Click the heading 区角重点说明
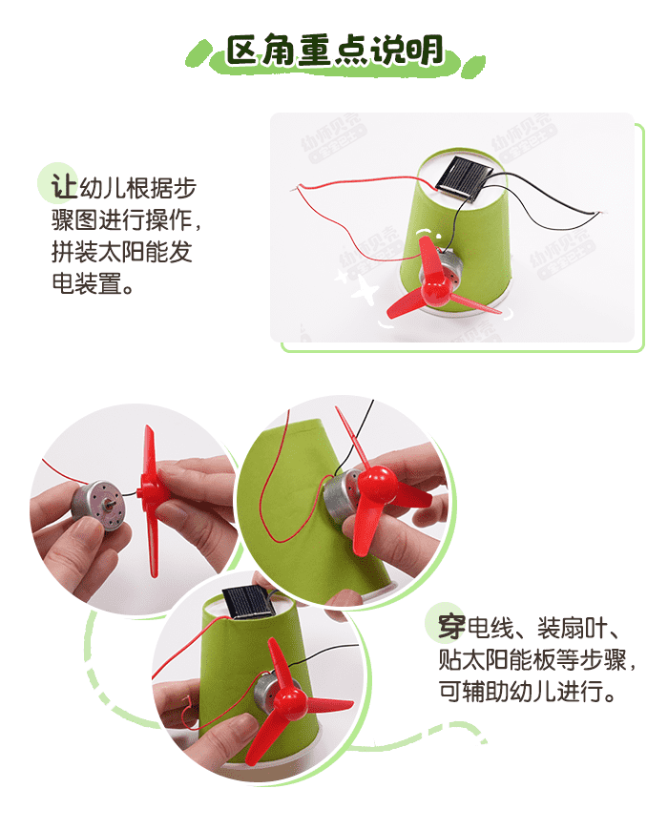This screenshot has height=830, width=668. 334,50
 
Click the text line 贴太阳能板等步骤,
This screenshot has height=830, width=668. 531,659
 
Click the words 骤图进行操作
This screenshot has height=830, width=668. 115,220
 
